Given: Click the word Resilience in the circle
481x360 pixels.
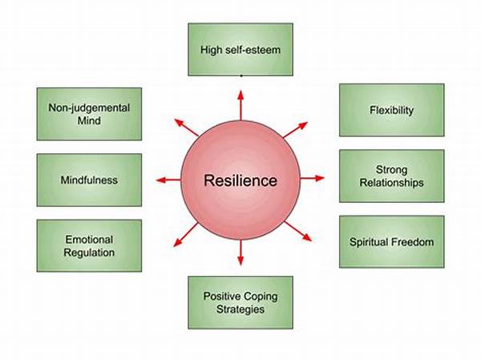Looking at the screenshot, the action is click(240, 180).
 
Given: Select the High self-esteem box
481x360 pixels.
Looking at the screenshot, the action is click(240, 50).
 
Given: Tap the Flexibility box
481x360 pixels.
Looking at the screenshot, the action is click(392, 110).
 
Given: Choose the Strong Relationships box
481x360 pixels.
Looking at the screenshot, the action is click(392, 176).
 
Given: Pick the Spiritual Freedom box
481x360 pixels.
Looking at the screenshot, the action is click(392, 242).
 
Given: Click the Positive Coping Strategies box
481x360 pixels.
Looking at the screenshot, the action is click(240, 302).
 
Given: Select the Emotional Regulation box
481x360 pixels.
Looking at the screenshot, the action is click(89, 245).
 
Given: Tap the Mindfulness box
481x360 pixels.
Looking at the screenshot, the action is click(89, 180).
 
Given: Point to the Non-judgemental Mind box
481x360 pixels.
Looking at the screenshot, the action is click(89, 114).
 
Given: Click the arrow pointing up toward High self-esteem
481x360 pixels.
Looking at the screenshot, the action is click(240, 105).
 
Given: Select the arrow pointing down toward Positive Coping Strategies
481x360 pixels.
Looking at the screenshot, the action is click(240, 253).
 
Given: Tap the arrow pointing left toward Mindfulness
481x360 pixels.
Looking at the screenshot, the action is click(168, 180).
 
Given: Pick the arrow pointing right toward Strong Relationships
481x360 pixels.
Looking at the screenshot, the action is click(312, 178).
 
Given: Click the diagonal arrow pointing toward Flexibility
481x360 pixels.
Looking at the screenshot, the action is click(295, 130).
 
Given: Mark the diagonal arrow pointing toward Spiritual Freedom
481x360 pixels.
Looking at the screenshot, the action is click(298, 231).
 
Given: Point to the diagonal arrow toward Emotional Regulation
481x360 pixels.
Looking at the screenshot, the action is click(186, 235).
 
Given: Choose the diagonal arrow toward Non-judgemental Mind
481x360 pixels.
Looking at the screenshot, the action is click(187, 127).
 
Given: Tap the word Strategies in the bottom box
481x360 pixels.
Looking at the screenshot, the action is click(240, 309).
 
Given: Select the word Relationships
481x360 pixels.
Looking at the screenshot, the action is click(392, 183).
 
